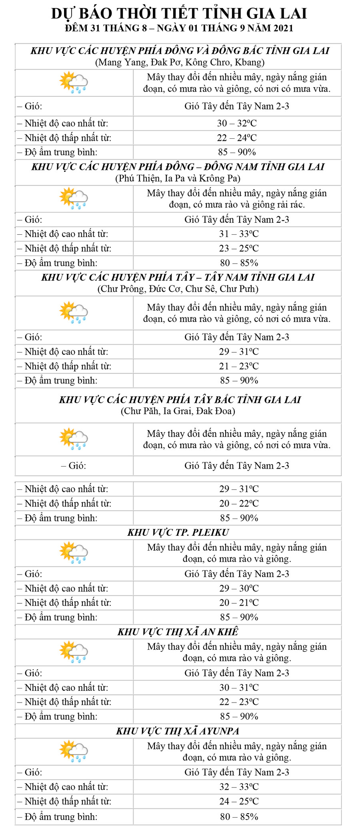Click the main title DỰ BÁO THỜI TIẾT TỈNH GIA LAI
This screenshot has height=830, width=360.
pos(179,14)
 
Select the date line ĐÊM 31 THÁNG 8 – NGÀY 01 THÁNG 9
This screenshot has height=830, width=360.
pos(179,28)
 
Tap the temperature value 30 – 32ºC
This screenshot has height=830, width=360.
pos(237,123)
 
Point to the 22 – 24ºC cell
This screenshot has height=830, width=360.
pos(237,138)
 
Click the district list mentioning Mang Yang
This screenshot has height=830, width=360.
pos(180,62)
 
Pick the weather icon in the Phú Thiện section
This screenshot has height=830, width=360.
pos(74,198)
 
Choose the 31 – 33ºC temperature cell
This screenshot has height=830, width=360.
pos(239,234)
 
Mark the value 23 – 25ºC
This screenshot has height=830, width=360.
pos(239,248)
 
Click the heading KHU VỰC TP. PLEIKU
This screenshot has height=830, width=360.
pos(178,533)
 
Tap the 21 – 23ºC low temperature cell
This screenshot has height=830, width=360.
pos(239,366)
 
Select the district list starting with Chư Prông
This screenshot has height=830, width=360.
pos(178,289)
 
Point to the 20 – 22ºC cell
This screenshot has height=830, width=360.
pos(239,503)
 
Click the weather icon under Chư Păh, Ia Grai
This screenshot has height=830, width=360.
pos(74,439)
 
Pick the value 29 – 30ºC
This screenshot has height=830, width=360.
pos(239,588)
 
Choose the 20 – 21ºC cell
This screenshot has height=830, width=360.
pos(239,603)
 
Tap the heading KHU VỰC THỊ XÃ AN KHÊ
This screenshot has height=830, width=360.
pos(178,632)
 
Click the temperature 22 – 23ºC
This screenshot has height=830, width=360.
pos(239,702)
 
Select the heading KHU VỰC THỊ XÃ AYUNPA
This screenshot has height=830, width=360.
pos(178,731)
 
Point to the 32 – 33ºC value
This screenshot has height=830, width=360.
pos(239,787)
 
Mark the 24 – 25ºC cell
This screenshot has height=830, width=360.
pos(239,801)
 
